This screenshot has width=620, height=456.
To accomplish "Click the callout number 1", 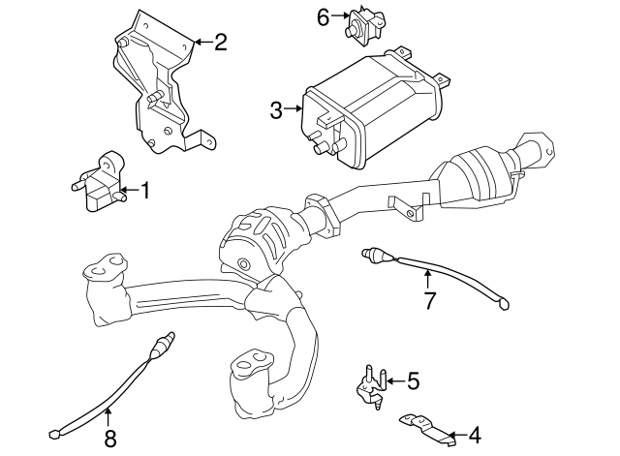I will [145, 191].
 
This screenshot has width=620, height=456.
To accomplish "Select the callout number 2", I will [220, 42].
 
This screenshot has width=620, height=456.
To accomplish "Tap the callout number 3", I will [276, 110].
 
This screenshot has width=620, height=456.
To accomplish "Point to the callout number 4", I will [474, 436].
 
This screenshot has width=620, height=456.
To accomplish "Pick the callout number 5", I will [413, 381].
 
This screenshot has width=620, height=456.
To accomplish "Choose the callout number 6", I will [323, 16].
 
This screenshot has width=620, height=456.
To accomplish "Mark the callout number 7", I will [428, 300].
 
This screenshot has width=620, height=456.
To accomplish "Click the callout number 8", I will [109, 438].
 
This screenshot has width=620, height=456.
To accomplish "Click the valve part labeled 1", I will [97, 181].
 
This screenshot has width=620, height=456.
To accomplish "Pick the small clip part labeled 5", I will [370, 384].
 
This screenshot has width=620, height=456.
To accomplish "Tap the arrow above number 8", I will [108, 416].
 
